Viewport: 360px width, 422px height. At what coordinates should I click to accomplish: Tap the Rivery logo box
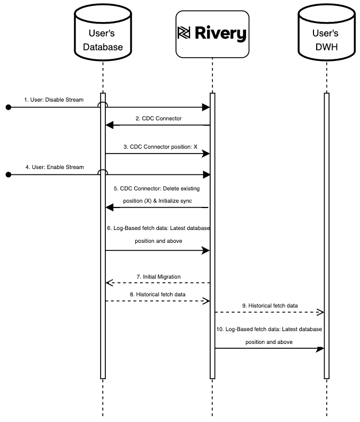tap(212, 34)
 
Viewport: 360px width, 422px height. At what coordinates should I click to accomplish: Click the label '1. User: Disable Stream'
tap(53, 99)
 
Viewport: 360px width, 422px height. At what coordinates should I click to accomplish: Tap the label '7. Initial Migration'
tap(158, 277)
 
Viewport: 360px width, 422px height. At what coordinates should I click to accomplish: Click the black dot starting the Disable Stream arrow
tap(9, 108)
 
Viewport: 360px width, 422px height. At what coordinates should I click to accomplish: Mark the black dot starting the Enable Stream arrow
tap(9, 174)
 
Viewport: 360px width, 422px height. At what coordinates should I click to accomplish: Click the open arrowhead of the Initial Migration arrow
tap(109, 282)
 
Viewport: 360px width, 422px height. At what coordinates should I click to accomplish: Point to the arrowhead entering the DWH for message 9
tap(320, 312)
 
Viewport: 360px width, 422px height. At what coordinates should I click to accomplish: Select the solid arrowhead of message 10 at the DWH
tap(320, 349)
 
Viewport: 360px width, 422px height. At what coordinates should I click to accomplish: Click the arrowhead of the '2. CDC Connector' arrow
tap(109, 125)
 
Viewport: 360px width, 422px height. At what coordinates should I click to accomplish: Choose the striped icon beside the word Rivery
tap(183, 33)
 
